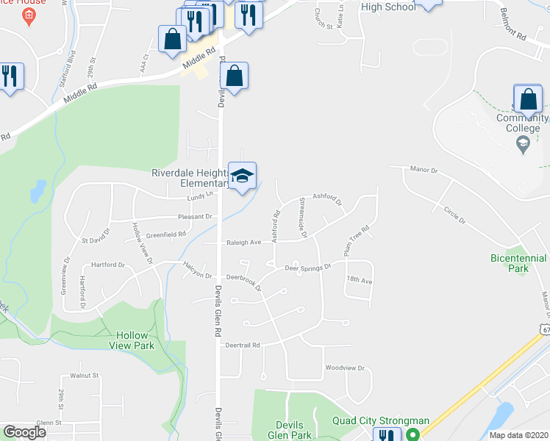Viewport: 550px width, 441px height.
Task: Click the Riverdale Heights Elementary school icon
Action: [x=242, y=176]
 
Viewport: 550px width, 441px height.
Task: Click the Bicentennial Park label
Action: [x=518, y=263]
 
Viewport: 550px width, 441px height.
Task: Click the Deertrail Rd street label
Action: [x=243, y=344]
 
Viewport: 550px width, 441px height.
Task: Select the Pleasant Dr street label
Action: [x=194, y=217]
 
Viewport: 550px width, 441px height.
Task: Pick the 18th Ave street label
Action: [x=360, y=280]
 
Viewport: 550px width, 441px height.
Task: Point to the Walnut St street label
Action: [x=84, y=376]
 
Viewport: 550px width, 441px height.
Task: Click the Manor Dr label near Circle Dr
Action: [x=424, y=170]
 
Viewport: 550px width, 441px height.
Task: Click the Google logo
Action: [x=24, y=432]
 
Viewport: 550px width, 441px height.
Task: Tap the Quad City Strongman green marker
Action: [x=414, y=434]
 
